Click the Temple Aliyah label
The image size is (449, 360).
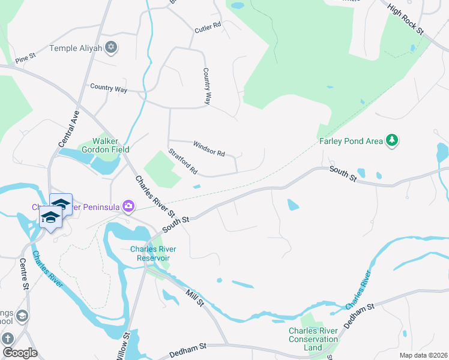[x=76, y=47]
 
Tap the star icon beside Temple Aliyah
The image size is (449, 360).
[x=111, y=47]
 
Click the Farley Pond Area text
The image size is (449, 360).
[x=351, y=142]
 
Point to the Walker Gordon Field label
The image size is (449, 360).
[x=112, y=145]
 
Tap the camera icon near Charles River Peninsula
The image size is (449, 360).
[x=128, y=206]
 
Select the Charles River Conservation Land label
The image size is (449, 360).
[x=313, y=339]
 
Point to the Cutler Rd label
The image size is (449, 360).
[x=208, y=28]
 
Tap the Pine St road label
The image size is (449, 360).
[x=26, y=58]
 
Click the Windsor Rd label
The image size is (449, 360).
[x=209, y=149]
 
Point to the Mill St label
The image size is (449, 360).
[x=195, y=297]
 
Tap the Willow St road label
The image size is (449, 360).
[x=126, y=346]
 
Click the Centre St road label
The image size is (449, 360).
[x=25, y=274]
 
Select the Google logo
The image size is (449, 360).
[x=20, y=352]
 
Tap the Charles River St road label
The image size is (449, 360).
[x=155, y=196]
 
